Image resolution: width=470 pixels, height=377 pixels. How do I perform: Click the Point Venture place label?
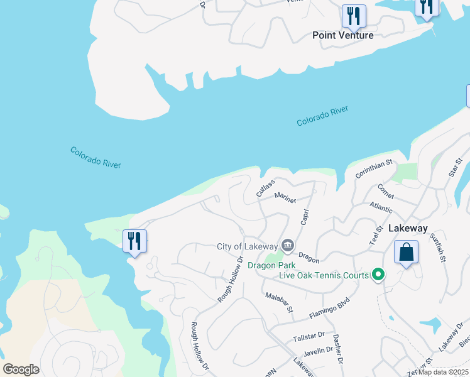click(343, 35)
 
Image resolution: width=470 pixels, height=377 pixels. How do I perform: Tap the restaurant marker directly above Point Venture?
click(354, 16)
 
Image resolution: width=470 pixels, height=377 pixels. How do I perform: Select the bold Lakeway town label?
click(408, 229)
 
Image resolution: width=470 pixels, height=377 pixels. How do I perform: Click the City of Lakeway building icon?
click(288, 245)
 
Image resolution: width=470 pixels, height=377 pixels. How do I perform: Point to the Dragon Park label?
click(271, 265)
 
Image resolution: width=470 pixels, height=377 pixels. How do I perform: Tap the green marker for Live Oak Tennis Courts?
click(378, 275)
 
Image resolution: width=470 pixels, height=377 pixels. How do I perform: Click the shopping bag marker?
click(406, 253)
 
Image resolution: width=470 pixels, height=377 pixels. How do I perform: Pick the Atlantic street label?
click(381, 207)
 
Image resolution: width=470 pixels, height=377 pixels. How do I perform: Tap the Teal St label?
click(378, 237)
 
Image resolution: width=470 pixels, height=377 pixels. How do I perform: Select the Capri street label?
click(305, 217)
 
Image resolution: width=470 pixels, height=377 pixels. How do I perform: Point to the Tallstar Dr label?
click(309, 337)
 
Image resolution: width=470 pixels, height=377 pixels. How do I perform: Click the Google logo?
click(21, 369)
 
